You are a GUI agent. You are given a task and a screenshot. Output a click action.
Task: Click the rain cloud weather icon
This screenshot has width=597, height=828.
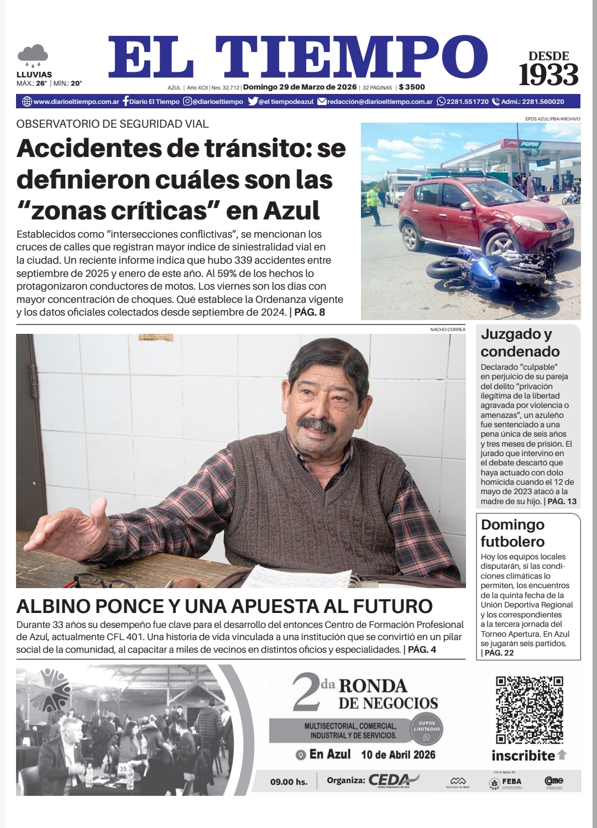click(x=33, y=55)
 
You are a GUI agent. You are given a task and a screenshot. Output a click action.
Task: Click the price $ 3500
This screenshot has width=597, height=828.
click(x=412, y=87)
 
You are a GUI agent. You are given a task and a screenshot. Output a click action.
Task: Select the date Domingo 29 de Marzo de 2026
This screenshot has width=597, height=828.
click(x=300, y=87)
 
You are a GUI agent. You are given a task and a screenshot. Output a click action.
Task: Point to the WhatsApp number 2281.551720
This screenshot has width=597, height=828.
click(x=467, y=102)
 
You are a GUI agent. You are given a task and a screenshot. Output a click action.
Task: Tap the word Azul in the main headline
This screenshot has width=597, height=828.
click(x=291, y=209)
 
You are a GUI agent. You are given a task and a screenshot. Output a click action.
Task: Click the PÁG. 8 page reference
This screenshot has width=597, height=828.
click(x=310, y=313)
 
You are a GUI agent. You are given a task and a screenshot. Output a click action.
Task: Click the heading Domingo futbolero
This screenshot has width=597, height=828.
click(x=512, y=533)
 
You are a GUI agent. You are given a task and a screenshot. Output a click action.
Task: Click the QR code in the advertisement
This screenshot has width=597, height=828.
click(x=529, y=710)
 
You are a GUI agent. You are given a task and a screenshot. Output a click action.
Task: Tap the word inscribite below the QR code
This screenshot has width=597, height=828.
click(x=523, y=755)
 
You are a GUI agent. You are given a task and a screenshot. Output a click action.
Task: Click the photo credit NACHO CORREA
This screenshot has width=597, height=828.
click(x=448, y=329)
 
